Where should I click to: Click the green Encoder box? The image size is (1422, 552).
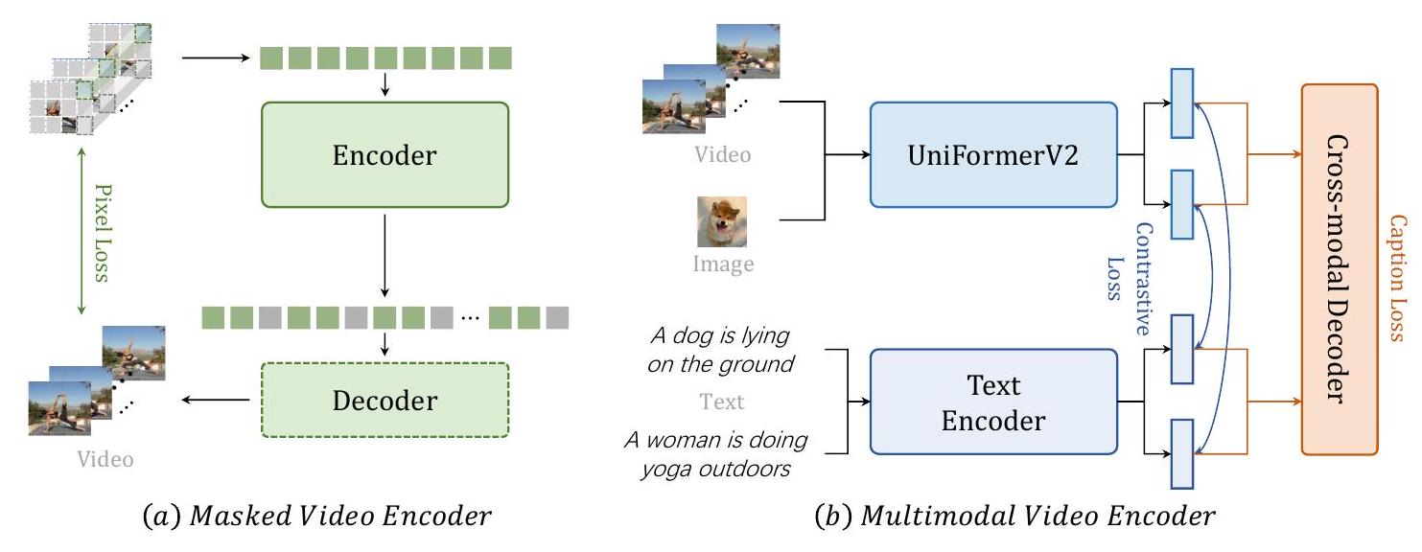tap(385, 154)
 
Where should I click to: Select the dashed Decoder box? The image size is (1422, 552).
tap(385, 399)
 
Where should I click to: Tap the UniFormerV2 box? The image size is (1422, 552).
tap(993, 154)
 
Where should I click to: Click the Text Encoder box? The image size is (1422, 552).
tap(993, 402)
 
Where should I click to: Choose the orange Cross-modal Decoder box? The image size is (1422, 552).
tap(1339, 269)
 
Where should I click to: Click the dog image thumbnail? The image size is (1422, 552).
tap(721, 221)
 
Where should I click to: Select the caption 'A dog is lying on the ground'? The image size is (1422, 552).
tap(720, 350)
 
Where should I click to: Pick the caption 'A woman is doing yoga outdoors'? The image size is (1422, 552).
tap(715, 453)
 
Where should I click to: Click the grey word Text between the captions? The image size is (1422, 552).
tap(722, 402)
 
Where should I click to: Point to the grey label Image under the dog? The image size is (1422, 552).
tap(723, 264)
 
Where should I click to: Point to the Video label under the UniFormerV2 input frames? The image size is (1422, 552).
tap(722, 153)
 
